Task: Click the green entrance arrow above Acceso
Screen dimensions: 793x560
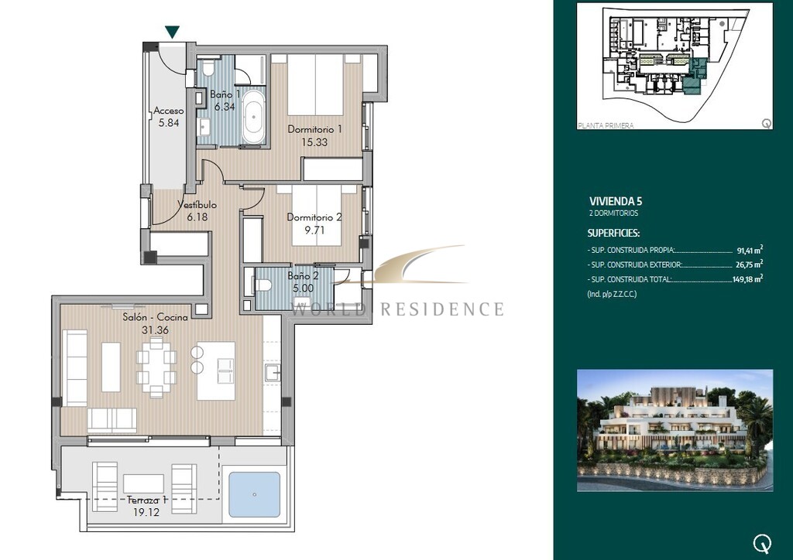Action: (x=173, y=32)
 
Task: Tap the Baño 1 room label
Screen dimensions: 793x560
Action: (x=225, y=94)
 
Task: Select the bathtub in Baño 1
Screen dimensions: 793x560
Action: (x=253, y=116)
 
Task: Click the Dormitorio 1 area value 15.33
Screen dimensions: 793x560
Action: (x=314, y=142)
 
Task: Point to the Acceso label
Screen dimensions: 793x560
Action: (x=169, y=111)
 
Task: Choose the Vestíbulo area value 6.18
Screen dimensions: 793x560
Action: (x=197, y=217)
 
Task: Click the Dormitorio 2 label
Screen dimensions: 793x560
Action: (x=314, y=217)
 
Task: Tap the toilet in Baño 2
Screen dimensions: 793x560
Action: (x=263, y=285)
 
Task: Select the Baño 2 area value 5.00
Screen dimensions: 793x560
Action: (x=303, y=289)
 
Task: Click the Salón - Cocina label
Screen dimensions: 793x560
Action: (x=155, y=317)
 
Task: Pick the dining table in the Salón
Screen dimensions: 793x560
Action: (x=156, y=367)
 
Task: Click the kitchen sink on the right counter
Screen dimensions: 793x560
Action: (x=273, y=373)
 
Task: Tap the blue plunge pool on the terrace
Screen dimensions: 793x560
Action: (x=254, y=494)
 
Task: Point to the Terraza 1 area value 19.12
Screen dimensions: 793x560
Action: (x=146, y=512)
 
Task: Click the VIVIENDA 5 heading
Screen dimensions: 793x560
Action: (x=616, y=201)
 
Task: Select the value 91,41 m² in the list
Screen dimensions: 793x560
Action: (x=750, y=250)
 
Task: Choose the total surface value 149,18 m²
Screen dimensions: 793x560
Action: (x=747, y=279)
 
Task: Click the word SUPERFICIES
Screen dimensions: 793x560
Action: (x=613, y=234)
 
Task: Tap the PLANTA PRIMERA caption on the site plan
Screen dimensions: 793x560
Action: (x=606, y=125)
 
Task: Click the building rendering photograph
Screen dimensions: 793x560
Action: (x=675, y=430)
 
